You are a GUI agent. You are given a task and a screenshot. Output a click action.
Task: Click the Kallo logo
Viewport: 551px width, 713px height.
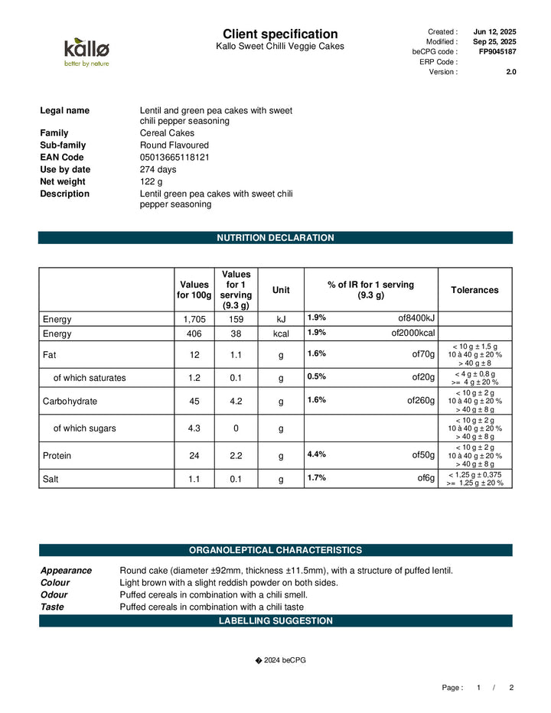86,52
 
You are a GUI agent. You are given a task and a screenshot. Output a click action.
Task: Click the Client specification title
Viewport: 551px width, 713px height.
280,34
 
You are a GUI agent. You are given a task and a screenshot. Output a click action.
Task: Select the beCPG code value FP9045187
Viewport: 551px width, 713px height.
497,51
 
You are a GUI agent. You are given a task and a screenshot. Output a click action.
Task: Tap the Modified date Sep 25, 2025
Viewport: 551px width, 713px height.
494,41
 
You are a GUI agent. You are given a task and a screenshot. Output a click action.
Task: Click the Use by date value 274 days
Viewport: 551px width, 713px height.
158,169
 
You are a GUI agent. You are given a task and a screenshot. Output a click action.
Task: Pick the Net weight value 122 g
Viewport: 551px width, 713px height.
152,181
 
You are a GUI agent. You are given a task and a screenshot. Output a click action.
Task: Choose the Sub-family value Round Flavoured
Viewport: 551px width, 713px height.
174,145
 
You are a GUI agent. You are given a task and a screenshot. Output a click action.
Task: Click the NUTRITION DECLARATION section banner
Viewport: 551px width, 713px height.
275,238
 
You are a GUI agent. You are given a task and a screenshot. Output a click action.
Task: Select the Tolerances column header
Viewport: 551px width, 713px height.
474,290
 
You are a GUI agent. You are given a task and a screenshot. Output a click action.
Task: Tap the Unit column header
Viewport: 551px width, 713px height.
281,290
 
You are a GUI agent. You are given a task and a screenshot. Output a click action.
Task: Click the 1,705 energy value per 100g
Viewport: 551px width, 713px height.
194,318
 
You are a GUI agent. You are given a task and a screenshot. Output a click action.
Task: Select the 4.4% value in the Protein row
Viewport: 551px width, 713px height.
317,454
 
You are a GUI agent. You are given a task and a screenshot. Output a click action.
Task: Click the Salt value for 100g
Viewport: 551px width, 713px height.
194,479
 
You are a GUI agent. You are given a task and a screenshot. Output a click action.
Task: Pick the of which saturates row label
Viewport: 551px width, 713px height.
90,377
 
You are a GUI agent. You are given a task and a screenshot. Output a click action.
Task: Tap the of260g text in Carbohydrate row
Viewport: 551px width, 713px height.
421,400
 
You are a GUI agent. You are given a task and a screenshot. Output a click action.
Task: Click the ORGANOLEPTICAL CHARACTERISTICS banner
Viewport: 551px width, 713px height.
275,550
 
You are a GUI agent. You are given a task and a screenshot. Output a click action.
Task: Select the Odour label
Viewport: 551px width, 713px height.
54,594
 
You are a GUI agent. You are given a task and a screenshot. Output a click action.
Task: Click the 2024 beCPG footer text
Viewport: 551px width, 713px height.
280,660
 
